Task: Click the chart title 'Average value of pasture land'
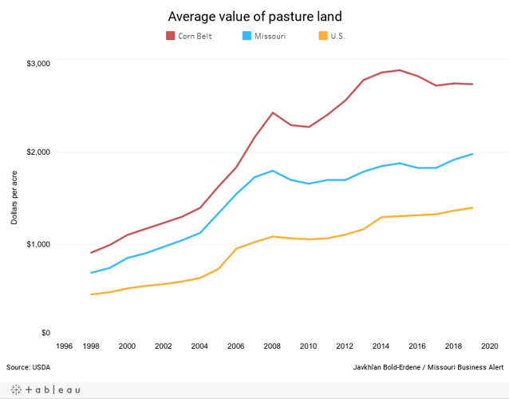pyautogui.click(x=254, y=16)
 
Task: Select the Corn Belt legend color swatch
pyautogui.click(x=171, y=36)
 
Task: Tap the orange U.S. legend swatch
pyautogui.click(x=322, y=36)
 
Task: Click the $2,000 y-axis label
pyautogui.click(x=39, y=152)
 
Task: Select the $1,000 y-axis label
pyautogui.click(x=39, y=243)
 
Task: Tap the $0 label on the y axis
pyautogui.click(x=45, y=333)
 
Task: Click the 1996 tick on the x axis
pyautogui.click(x=64, y=346)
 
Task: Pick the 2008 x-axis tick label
pyautogui.click(x=273, y=346)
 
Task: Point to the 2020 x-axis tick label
pyautogui.click(x=489, y=346)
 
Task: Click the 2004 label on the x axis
pyautogui.click(x=199, y=346)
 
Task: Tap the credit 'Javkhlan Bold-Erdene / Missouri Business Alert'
pyautogui.click(x=428, y=367)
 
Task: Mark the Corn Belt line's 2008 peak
pyautogui.click(x=273, y=113)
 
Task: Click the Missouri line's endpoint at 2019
pyautogui.click(x=472, y=154)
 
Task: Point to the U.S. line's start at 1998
pyautogui.click(x=92, y=294)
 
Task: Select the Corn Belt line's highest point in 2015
pyautogui.click(x=400, y=70)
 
